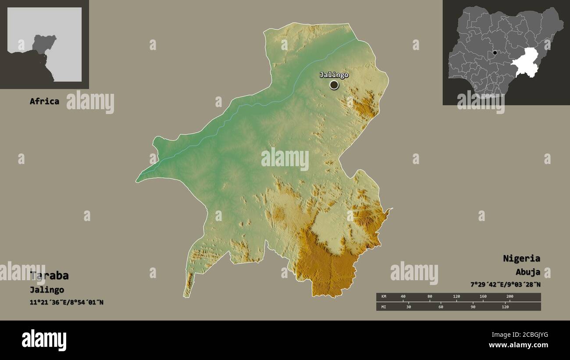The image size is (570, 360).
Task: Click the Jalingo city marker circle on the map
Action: click(x=334, y=85)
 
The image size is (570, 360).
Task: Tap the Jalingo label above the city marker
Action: click(x=334, y=75)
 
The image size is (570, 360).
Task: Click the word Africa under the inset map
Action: click(x=44, y=101)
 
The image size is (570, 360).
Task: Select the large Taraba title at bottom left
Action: click(x=49, y=275)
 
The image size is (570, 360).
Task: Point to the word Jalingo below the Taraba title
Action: click(x=47, y=290)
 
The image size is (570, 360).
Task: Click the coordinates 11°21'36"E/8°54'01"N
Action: click(x=67, y=302)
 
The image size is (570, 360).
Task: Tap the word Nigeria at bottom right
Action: click(x=521, y=258)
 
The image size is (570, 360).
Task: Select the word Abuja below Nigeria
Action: click(x=527, y=272)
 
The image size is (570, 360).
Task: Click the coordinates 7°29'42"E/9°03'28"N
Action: click(x=505, y=284)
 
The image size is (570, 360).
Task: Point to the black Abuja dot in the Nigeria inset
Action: click(x=495, y=53)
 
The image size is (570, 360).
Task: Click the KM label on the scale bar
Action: click(x=384, y=296)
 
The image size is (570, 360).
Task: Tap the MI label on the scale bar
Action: click(x=384, y=307)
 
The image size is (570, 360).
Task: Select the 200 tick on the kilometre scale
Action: click(x=509, y=296)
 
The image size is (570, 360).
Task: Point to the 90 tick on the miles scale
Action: click(x=473, y=307)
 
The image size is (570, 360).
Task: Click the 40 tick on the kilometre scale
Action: click(x=403, y=296)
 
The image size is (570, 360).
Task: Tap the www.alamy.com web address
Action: click(x=519, y=346)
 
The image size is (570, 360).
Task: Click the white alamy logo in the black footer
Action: click(x=44, y=340)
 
